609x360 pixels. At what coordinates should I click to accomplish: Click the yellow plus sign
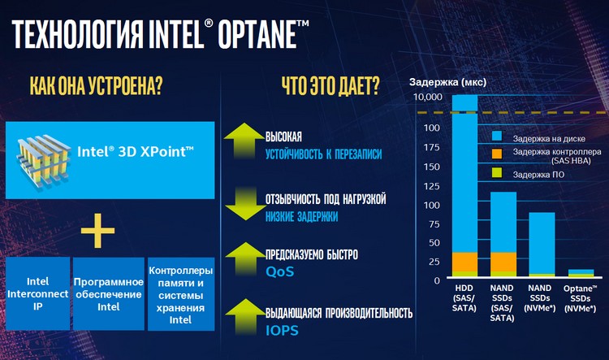pos(97,231)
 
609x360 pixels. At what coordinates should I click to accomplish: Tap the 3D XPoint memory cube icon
pos(44,163)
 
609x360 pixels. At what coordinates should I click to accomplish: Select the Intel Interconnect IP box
pos(37,293)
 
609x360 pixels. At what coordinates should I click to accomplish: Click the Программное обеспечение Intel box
pos(109,293)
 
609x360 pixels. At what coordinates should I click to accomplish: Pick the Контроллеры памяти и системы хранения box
pos(181,293)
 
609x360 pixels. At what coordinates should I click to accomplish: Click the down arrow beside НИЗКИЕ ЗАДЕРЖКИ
pos(245,204)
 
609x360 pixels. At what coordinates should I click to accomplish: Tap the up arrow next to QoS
pos(245,258)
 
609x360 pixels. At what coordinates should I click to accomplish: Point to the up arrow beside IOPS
pos(245,316)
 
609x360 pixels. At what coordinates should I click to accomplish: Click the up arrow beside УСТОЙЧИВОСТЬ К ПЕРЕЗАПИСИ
pos(245,140)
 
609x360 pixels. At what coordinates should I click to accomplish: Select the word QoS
pos(279,271)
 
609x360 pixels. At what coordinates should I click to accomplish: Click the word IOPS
pos(282,331)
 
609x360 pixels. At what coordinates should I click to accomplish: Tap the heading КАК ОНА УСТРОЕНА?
pos(96,85)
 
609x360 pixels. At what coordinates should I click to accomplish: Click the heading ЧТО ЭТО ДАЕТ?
pos(330,85)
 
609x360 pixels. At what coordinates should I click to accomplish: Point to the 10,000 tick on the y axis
pos(428,97)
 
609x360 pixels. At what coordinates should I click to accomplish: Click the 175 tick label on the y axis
pos(431,147)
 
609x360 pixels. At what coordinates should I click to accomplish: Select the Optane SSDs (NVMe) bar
pos(581,273)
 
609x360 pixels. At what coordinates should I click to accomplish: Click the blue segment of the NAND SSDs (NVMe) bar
pos(542,243)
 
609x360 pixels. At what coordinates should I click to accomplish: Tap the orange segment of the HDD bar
pos(465,262)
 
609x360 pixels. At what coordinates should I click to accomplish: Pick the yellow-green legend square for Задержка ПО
pos(497,173)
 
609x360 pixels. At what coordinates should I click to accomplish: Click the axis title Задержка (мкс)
pos(447,82)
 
